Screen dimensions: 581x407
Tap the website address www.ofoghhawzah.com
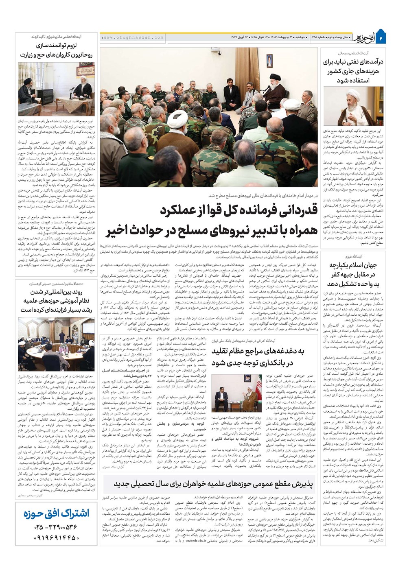(x=132, y=37)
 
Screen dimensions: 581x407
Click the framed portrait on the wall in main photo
(x=269, y=61)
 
